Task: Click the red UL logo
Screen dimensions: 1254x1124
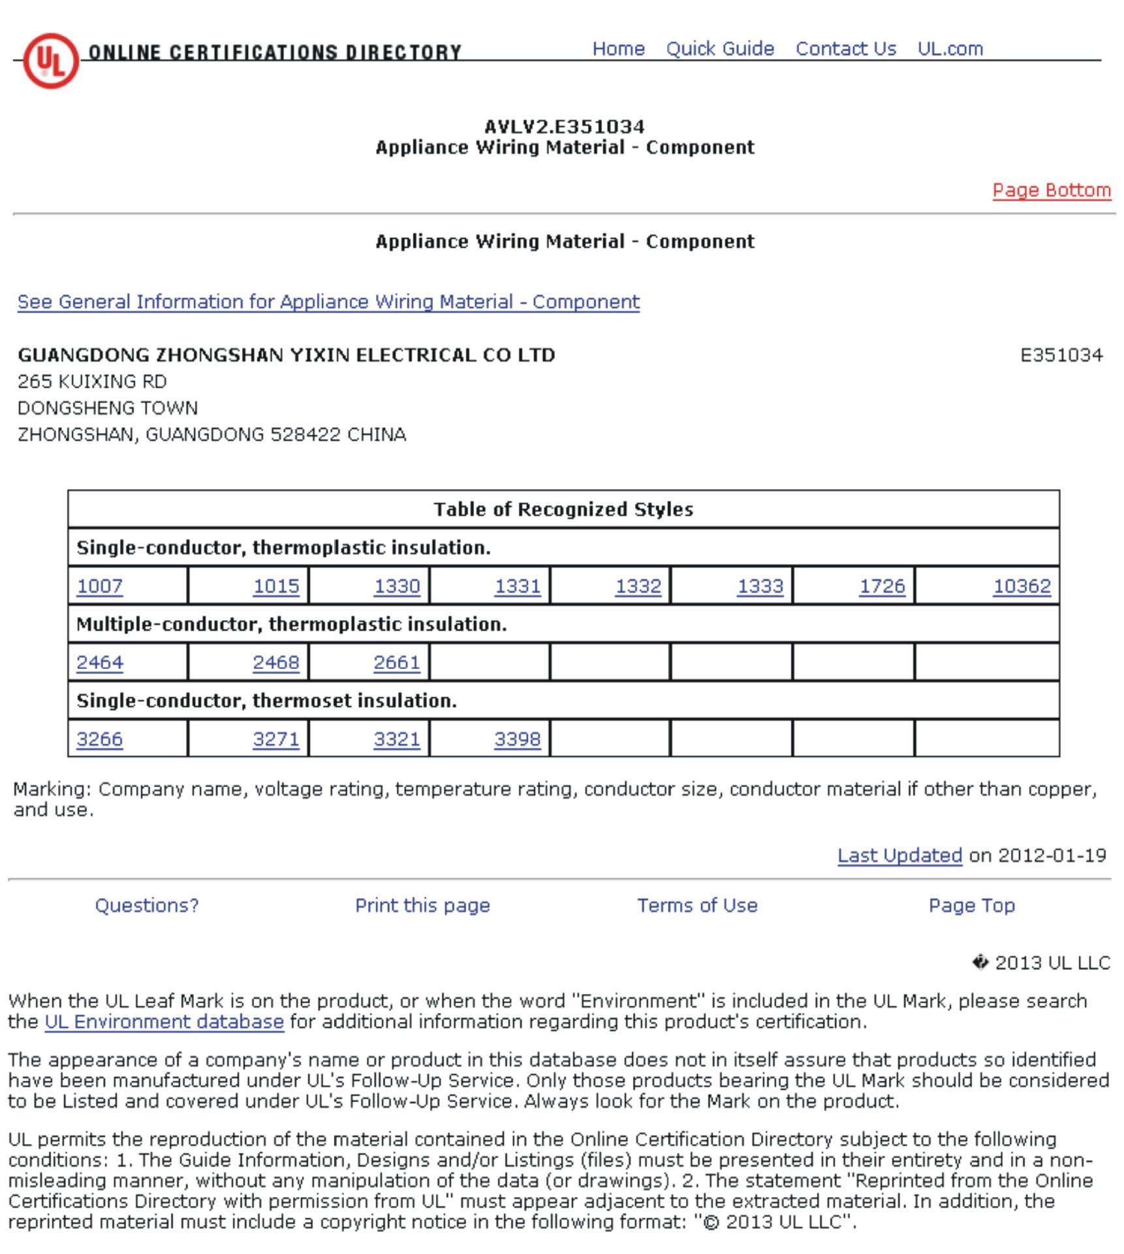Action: [51, 61]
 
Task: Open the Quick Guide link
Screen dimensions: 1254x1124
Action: [719, 49]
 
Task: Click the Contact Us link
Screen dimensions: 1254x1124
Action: [845, 49]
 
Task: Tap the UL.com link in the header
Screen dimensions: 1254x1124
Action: [950, 49]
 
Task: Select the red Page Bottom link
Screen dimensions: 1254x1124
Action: [1051, 190]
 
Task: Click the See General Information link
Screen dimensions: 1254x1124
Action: [328, 302]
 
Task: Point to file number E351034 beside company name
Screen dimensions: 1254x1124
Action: [1061, 355]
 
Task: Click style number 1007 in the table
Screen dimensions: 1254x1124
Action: [100, 586]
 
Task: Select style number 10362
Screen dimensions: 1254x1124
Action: [1022, 586]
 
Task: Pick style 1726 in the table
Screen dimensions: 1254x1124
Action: [882, 586]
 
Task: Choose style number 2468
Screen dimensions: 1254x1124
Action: [275, 662]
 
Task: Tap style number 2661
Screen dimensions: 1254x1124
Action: [396, 662]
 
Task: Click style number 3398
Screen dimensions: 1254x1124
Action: [517, 739]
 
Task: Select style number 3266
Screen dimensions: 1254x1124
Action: [100, 739]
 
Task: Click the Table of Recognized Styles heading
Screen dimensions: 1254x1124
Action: [563, 509]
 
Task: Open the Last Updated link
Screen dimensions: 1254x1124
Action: [899, 856]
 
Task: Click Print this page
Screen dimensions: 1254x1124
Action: [422, 905]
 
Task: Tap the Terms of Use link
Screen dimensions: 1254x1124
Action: [697, 905]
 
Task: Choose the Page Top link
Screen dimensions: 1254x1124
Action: [971, 905]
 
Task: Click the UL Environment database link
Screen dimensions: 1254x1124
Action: [164, 1021]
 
